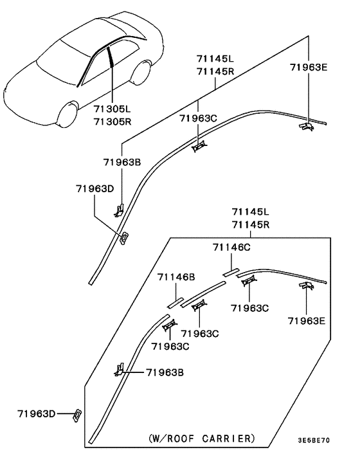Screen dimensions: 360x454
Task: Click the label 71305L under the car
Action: (x=112, y=109)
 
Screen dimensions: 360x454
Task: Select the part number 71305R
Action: (x=113, y=122)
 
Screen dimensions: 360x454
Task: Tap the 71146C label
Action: (x=231, y=248)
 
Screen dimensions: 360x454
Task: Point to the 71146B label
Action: (x=176, y=277)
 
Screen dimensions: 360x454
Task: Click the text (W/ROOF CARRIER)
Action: (x=202, y=439)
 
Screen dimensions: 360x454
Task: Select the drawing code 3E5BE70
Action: (x=314, y=440)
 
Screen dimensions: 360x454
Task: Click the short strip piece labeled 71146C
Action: (x=231, y=272)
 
